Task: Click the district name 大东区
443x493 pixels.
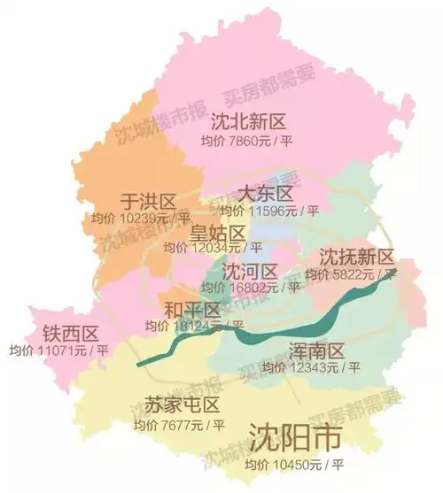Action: pos(265,194)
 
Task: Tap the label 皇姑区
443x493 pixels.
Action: pos(218,232)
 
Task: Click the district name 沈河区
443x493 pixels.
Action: pos(251,270)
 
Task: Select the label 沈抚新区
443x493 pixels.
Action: pos(355,258)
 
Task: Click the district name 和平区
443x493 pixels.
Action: pos(192,310)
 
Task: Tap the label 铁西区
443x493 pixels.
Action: pos(70,334)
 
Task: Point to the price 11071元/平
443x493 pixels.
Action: pos(59,350)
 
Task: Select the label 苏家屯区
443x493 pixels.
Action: pos(184,406)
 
